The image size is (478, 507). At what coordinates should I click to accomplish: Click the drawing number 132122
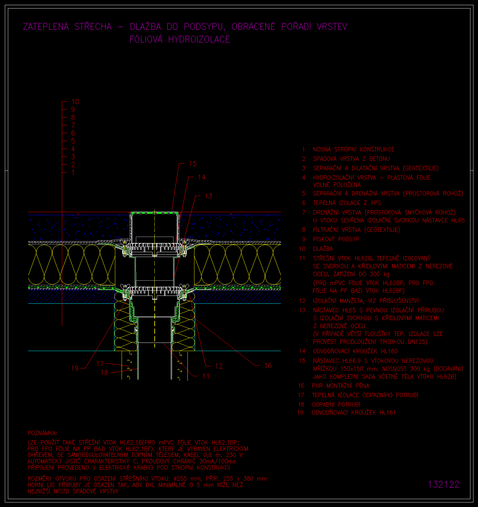(x=444, y=484)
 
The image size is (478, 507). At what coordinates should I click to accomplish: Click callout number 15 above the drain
(x=193, y=164)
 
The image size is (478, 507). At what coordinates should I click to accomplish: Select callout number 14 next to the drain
(x=202, y=177)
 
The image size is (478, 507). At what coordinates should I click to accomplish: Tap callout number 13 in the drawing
(x=209, y=196)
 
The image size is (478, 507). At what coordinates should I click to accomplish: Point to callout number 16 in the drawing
(x=268, y=365)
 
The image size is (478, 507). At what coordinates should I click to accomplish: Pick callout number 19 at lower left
(x=75, y=368)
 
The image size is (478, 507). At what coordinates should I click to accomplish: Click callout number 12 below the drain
(x=219, y=366)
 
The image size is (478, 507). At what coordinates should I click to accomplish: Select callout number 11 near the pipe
(x=206, y=376)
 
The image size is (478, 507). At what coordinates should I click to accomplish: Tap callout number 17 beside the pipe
(x=100, y=363)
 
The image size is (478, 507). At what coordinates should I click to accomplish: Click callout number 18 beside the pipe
(x=104, y=372)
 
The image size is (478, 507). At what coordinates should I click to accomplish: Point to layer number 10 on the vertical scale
(x=75, y=102)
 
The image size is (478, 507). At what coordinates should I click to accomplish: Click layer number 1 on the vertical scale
(x=73, y=173)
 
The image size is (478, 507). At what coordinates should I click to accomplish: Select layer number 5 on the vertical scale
(x=73, y=141)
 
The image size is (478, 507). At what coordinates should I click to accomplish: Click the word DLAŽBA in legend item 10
(x=323, y=248)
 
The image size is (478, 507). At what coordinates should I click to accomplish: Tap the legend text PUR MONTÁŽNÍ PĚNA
(x=341, y=386)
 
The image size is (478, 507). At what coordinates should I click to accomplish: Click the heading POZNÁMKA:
(x=42, y=433)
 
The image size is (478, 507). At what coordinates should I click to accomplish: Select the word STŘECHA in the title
(x=93, y=27)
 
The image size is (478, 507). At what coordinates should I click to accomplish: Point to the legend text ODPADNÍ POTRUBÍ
(x=336, y=404)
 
